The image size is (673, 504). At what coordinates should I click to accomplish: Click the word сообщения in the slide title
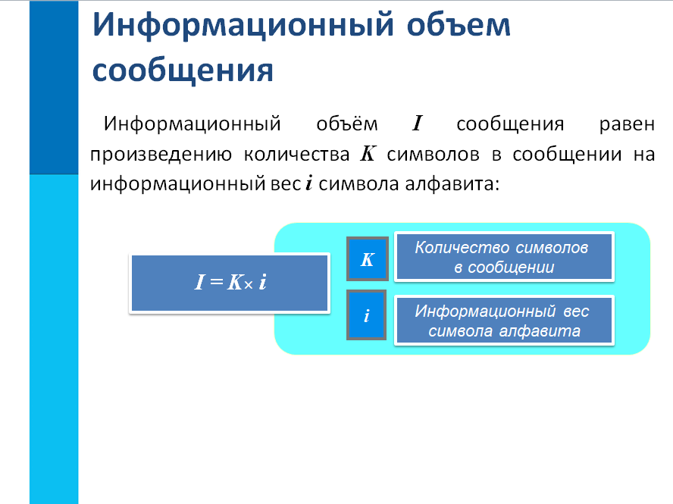[182, 70]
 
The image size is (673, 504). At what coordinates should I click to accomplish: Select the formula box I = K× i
[230, 283]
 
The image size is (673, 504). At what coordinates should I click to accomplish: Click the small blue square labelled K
[367, 259]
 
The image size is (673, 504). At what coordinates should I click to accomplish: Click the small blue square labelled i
[367, 315]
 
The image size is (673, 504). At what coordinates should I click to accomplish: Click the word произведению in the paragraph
[161, 154]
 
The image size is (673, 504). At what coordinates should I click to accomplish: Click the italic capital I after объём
[416, 124]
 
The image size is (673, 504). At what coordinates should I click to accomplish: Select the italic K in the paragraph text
[367, 154]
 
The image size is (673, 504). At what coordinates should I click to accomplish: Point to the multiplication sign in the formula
[247, 285]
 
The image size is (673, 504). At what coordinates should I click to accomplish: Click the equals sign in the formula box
[214, 283]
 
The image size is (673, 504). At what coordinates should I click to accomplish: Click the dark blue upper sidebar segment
[54, 87]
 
